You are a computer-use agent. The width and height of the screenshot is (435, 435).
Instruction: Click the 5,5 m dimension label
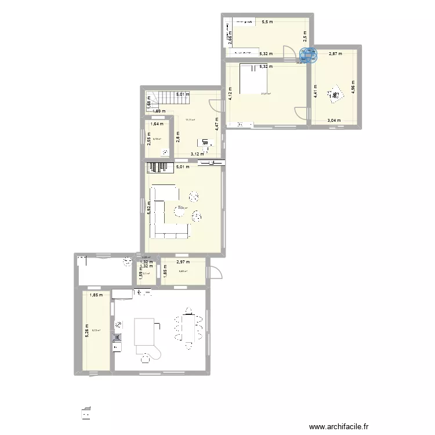click(x=267, y=22)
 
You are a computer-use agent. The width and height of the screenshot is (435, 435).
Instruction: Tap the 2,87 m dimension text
click(x=335, y=54)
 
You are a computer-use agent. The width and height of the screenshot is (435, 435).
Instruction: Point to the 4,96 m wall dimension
click(x=353, y=87)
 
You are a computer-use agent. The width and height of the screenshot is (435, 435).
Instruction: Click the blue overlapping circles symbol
click(x=309, y=55)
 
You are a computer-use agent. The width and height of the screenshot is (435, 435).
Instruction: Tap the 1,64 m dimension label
click(x=157, y=124)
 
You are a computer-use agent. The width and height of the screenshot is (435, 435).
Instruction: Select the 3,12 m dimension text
click(x=197, y=154)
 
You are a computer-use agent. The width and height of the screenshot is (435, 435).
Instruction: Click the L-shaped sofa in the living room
click(x=168, y=212)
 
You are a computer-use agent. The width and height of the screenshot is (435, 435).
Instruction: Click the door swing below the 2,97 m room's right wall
click(x=215, y=271)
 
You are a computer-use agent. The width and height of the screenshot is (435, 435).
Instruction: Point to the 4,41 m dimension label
click(x=316, y=93)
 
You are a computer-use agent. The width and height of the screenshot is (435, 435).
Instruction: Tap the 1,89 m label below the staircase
click(x=159, y=111)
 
